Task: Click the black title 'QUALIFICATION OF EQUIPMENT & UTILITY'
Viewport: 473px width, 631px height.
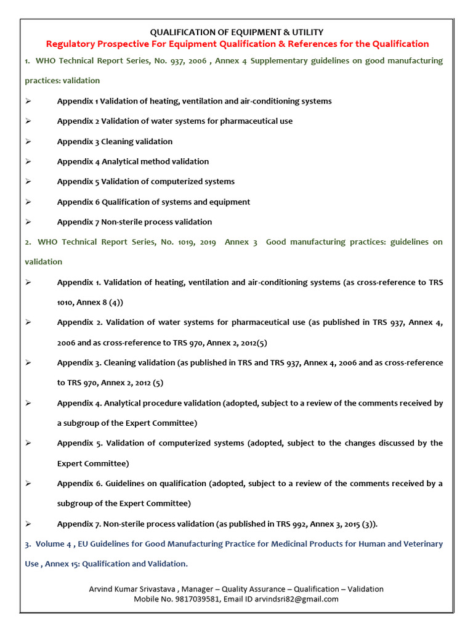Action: [x=237, y=32]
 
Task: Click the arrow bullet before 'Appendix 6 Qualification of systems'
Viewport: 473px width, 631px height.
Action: [x=28, y=202]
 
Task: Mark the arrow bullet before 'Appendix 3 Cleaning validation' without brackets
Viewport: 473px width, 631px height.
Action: [x=28, y=142]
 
